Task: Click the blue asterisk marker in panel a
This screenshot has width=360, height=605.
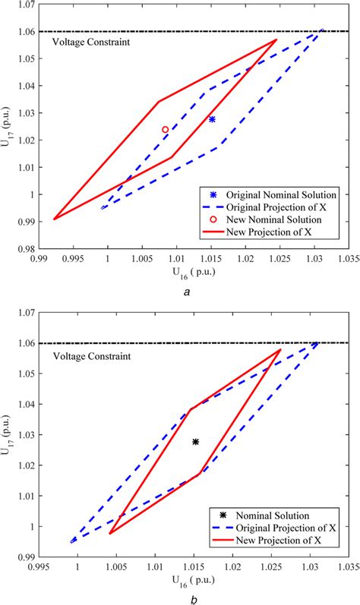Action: tap(212, 119)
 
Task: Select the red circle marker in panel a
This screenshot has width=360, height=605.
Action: tap(165, 130)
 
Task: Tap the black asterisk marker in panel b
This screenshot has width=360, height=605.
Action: tap(195, 442)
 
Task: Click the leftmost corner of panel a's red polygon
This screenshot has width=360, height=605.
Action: tap(54, 219)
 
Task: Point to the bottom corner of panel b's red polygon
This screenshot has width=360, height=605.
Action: tap(111, 533)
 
